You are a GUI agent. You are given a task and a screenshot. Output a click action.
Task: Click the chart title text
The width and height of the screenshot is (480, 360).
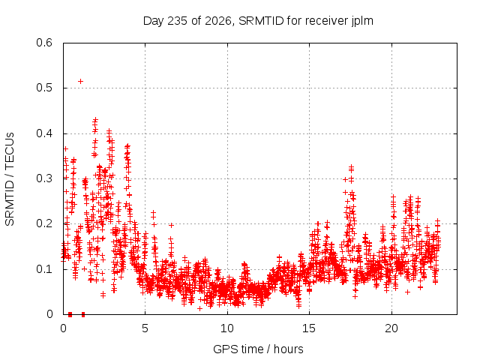pos(258,21)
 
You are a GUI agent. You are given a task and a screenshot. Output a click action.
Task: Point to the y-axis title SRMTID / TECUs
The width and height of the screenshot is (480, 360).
pos(10,179)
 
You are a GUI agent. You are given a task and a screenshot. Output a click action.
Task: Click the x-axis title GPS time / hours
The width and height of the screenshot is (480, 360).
pos(258,349)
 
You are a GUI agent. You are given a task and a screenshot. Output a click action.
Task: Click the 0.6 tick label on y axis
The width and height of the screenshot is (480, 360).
pos(44,43)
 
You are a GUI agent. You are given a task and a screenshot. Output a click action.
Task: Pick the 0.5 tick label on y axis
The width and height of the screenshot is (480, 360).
pos(44,88)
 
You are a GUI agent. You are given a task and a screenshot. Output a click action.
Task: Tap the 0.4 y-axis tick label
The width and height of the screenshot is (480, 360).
pos(44,133)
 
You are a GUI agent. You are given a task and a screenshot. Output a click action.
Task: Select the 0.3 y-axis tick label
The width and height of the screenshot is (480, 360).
pos(44,178)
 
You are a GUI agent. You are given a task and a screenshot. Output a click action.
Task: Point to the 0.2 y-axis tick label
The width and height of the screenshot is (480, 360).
pos(44,223)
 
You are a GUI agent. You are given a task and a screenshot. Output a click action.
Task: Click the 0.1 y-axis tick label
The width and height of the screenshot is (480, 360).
pos(44,269)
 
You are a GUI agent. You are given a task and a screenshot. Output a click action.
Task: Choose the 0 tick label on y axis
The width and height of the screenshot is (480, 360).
pos(50,314)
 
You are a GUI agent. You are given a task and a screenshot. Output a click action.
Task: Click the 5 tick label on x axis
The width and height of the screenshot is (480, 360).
pos(145,328)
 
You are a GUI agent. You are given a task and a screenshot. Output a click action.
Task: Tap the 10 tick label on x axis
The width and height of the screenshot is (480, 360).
pos(227,328)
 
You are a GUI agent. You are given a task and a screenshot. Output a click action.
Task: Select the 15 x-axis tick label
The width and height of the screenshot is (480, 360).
pos(309,328)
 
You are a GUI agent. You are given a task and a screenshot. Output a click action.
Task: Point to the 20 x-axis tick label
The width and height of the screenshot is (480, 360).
pos(391,328)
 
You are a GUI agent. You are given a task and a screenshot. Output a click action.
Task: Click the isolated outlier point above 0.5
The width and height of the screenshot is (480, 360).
pos(80,81)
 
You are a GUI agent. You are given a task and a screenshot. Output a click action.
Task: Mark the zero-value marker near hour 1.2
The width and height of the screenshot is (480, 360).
pos(83,314)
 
